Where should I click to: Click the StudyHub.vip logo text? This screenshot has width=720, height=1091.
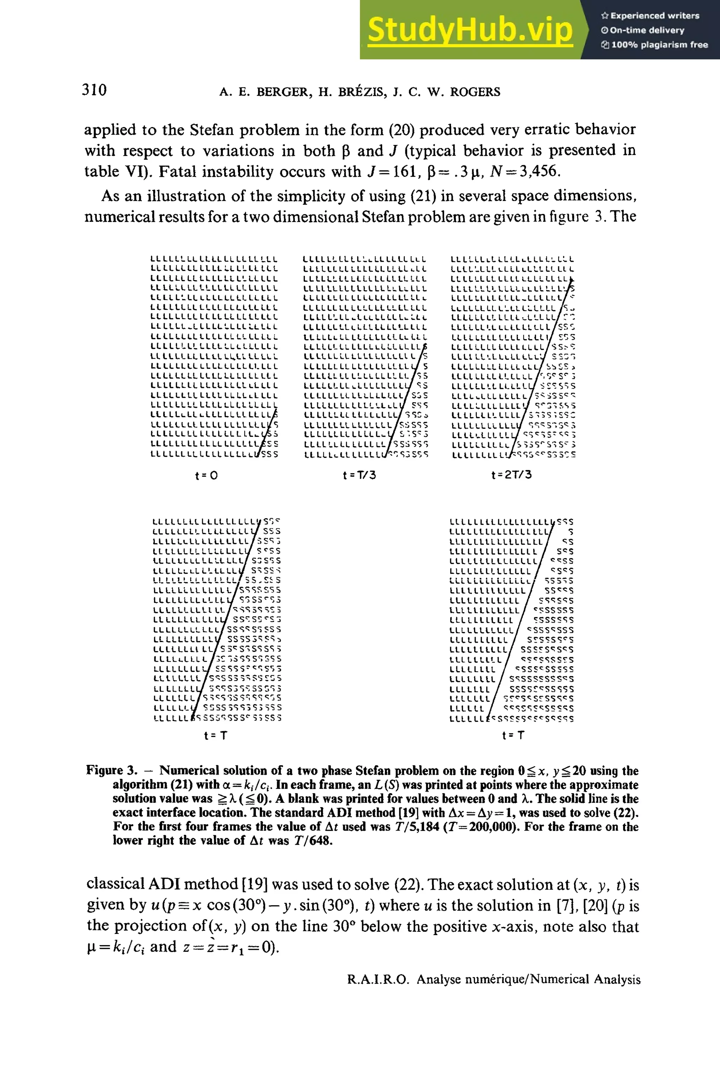click(x=470, y=30)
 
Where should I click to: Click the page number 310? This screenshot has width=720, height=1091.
click(x=94, y=90)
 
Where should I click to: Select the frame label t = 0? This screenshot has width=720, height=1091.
click(x=206, y=475)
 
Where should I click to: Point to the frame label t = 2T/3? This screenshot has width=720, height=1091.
click(x=511, y=474)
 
